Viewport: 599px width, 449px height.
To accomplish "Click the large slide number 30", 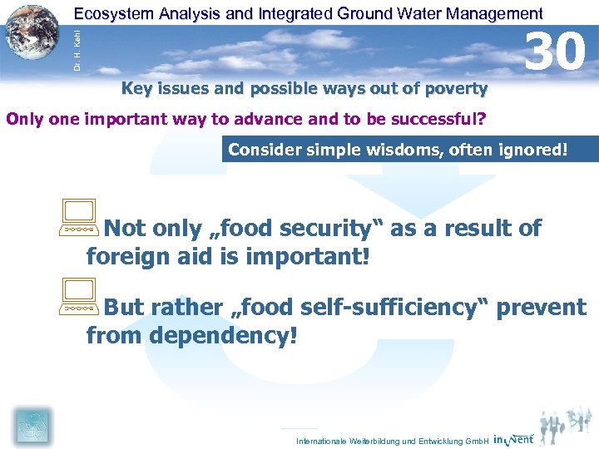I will point(556,51).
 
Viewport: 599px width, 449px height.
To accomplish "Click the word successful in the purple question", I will point(434,118).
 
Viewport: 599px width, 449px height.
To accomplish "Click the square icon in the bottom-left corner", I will point(33,426).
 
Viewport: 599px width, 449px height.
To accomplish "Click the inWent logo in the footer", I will point(513,439).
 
